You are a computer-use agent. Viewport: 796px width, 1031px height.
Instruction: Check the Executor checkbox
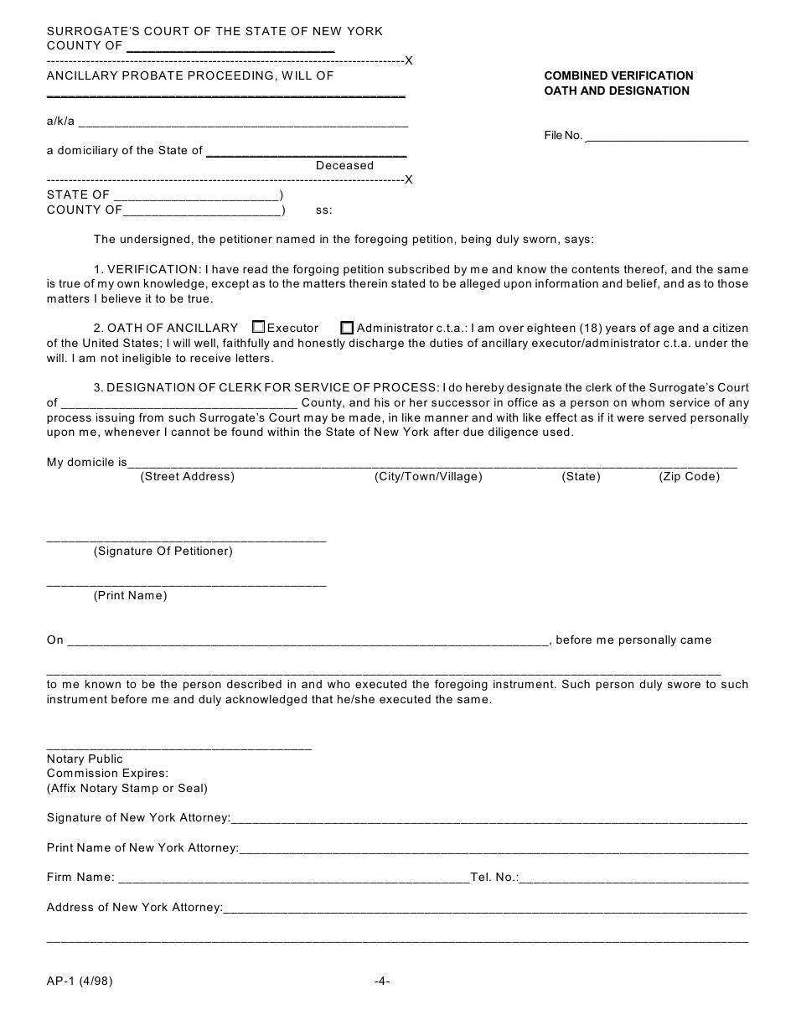(x=258, y=328)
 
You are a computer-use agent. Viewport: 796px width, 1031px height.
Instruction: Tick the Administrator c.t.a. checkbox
(x=347, y=328)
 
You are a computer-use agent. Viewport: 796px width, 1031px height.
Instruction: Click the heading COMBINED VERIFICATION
(x=618, y=75)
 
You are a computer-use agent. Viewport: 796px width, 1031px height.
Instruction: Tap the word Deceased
(x=344, y=166)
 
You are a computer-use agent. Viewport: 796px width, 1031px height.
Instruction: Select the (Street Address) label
(x=187, y=477)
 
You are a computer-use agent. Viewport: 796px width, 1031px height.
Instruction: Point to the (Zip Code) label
(x=689, y=477)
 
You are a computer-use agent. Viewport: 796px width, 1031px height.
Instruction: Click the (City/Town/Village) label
(x=428, y=477)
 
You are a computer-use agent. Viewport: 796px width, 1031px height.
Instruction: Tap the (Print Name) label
(x=130, y=596)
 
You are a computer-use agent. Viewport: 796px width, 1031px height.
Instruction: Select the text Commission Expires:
(x=107, y=774)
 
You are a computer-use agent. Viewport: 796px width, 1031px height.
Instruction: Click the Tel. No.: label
(x=494, y=878)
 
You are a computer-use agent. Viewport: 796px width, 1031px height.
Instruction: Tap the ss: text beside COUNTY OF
(x=323, y=210)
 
